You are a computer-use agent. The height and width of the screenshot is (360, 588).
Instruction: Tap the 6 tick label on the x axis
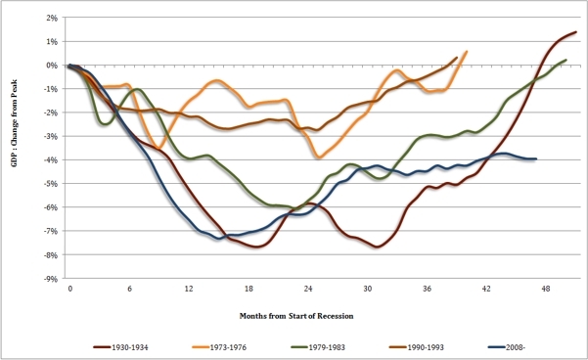pyautogui.click(x=129, y=291)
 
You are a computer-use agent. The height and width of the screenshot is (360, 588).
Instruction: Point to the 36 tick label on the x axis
pyautogui.click(x=428, y=291)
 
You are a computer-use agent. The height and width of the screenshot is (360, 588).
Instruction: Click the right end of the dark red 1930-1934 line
pyautogui.click(x=575, y=32)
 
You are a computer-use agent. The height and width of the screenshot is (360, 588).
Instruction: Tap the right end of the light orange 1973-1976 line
pyautogui.click(x=466, y=52)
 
